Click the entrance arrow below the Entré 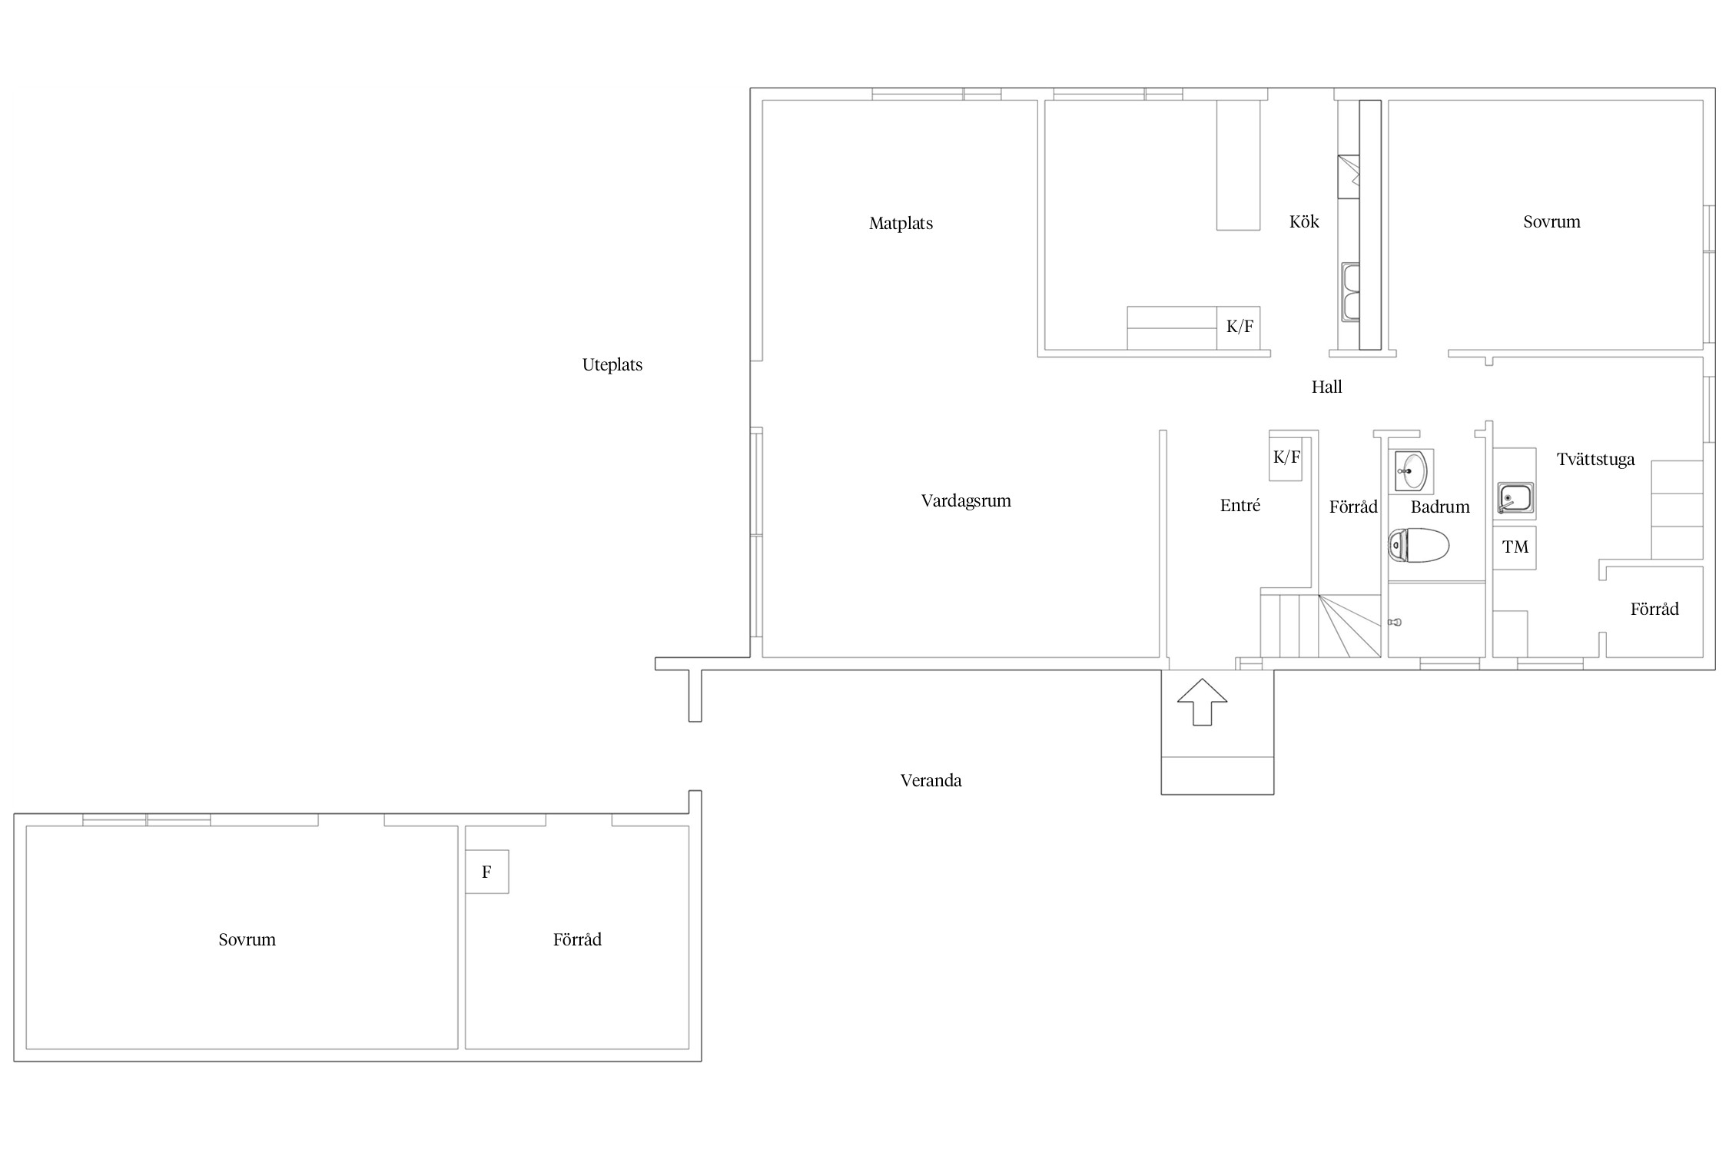(1202, 702)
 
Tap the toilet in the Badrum (1419, 545)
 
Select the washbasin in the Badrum (1412, 471)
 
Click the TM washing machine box (1515, 547)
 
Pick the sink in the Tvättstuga (1515, 499)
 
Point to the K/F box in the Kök (1239, 327)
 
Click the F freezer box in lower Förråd (486, 872)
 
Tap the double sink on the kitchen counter (1350, 292)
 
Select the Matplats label (901, 224)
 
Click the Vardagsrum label (966, 501)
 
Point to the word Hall (1326, 387)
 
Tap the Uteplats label (612, 365)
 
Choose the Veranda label (931, 781)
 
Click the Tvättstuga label (1595, 460)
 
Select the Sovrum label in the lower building (247, 939)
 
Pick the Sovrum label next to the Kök (1551, 222)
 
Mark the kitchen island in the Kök (1238, 165)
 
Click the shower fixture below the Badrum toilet (1395, 622)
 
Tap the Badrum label (1439, 507)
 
